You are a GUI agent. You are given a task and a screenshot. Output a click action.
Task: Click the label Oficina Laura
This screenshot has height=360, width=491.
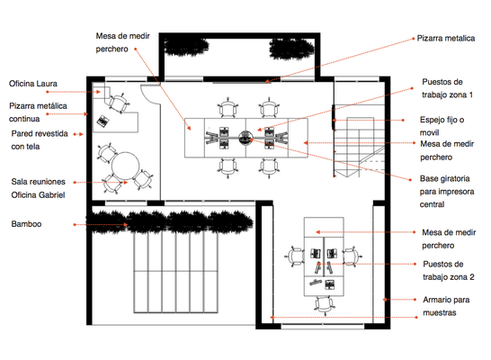click(x=33, y=84)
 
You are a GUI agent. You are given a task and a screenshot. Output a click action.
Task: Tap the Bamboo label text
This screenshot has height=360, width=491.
click(x=26, y=224)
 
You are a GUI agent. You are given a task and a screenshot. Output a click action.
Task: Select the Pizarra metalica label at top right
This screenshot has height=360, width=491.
click(x=446, y=38)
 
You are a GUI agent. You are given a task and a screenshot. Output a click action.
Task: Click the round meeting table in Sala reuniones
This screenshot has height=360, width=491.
click(x=126, y=166)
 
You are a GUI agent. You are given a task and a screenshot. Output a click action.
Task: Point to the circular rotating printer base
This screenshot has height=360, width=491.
click(x=245, y=138)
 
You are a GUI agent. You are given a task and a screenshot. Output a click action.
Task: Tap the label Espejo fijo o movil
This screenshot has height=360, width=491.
click(x=442, y=126)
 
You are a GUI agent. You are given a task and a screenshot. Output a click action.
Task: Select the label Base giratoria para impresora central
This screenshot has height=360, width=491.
click(x=447, y=192)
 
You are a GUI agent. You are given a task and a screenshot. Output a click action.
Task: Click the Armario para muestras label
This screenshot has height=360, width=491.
click(x=446, y=306)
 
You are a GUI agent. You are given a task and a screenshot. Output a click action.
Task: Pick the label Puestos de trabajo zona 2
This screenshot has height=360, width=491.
click(x=449, y=270)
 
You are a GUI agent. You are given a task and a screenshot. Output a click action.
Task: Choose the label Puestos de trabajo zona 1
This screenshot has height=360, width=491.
click(x=447, y=88)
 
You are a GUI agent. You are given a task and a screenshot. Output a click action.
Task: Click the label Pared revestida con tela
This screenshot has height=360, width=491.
click(x=40, y=140)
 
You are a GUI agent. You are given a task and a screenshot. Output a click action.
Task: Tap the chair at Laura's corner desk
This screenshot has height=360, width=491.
click(x=119, y=103)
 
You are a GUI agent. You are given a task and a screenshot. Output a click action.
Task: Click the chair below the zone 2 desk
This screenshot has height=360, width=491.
click(x=324, y=304)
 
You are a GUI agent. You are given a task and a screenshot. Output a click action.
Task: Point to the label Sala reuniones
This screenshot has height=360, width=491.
click(x=38, y=182)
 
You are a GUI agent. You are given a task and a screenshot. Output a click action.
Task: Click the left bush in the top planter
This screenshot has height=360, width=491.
click(x=186, y=47)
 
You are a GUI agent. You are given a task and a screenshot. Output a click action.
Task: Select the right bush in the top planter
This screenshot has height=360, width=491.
click(x=291, y=49)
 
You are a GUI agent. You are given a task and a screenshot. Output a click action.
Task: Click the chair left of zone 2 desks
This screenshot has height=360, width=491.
click(x=295, y=256)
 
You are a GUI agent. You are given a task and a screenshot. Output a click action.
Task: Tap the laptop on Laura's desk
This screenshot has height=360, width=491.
click(x=103, y=121)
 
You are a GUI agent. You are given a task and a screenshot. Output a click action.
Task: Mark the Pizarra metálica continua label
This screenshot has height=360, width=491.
click(x=38, y=112)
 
